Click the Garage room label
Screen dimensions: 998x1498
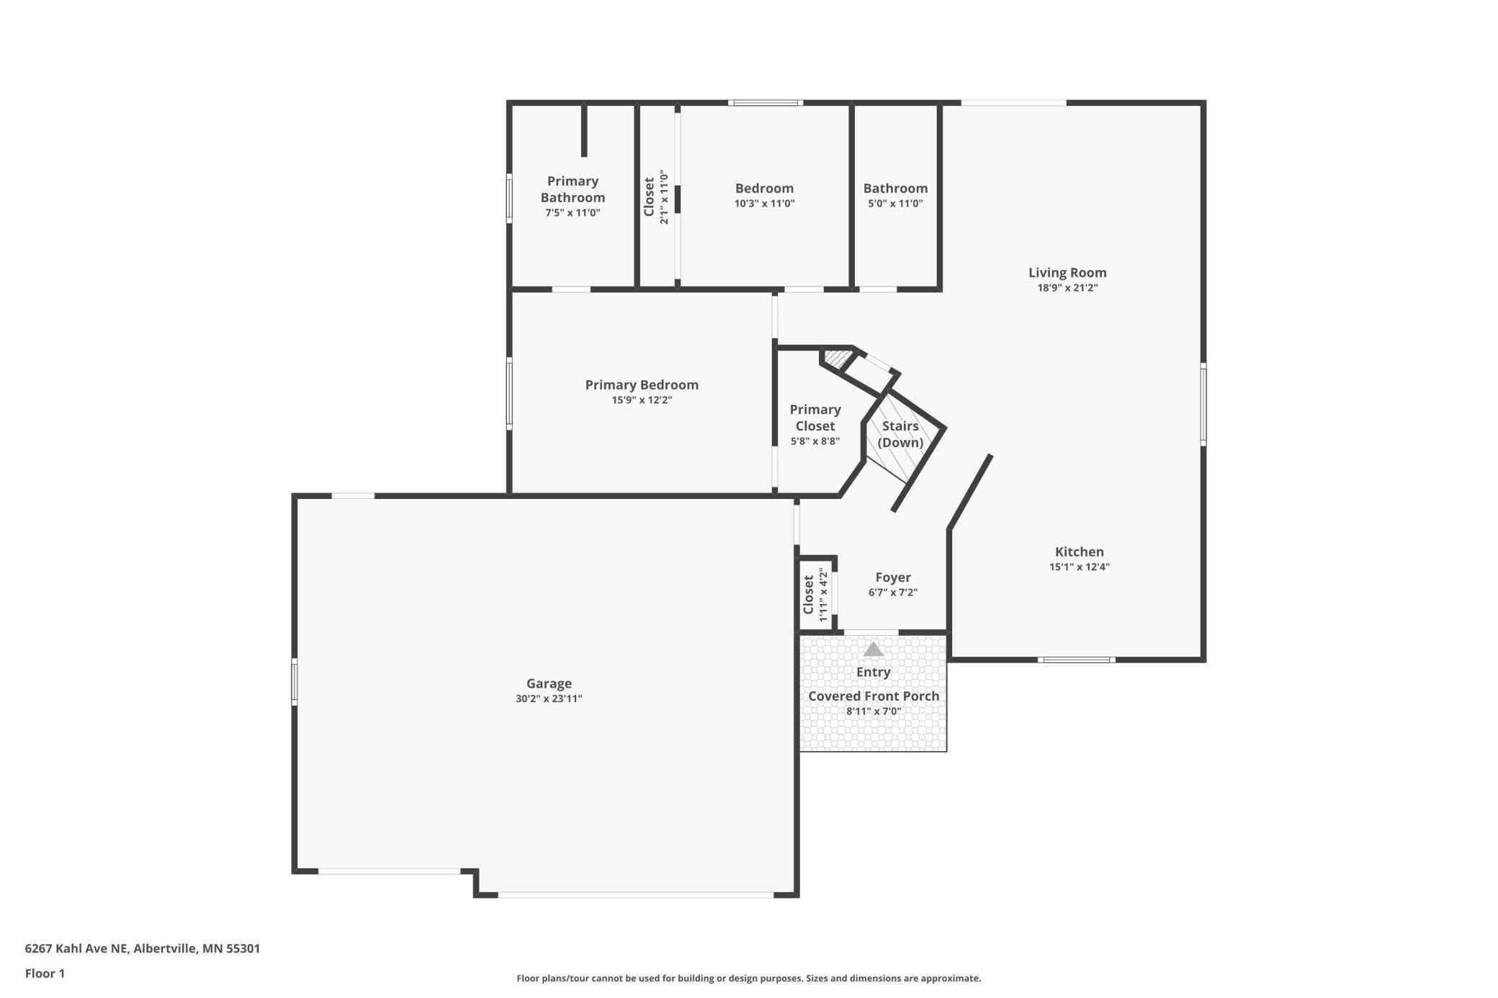pyautogui.click(x=549, y=683)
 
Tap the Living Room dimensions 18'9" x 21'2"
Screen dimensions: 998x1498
pyautogui.click(x=1067, y=288)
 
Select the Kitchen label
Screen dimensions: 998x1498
pyautogui.click(x=1079, y=552)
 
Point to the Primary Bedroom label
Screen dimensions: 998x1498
pyautogui.click(x=641, y=385)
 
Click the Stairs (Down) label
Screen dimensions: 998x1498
pyautogui.click(x=900, y=434)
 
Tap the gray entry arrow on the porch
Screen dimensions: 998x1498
pyautogui.click(x=873, y=649)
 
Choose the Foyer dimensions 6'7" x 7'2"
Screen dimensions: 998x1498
pyautogui.click(x=892, y=593)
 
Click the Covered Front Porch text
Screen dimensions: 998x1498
pyautogui.click(x=873, y=696)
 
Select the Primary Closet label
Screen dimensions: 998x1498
pyautogui.click(x=815, y=418)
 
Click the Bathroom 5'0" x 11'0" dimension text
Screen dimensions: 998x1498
pyautogui.click(x=895, y=204)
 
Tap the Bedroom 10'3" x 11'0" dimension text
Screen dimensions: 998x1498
pyautogui.click(x=764, y=204)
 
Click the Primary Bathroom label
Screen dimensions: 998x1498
pyautogui.click(x=573, y=189)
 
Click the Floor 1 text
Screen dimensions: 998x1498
pyautogui.click(x=45, y=974)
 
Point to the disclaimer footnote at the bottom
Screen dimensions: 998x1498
pyautogui.click(x=748, y=978)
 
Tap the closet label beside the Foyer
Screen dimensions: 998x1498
pyautogui.click(x=809, y=594)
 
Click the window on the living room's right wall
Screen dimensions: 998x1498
pyautogui.click(x=1203, y=403)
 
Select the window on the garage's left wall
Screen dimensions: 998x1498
pyautogui.click(x=294, y=681)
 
